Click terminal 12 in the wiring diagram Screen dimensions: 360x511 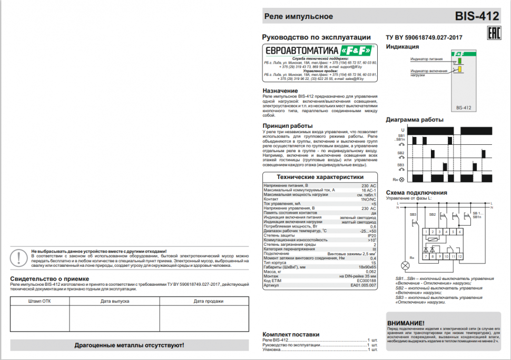[459, 256]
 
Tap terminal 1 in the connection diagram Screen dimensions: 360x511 [426, 232]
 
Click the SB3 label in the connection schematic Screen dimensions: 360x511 [412, 214]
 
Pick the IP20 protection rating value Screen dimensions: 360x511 [371, 235]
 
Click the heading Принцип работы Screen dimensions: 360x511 [288, 126]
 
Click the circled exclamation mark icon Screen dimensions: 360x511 [19, 258]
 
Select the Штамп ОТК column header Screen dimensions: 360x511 [40, 301]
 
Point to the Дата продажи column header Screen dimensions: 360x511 [204, 301]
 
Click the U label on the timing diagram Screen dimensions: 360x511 [402, 129]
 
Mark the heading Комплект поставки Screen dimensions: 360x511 [291, 334]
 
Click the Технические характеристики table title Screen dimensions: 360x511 [320, 177]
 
